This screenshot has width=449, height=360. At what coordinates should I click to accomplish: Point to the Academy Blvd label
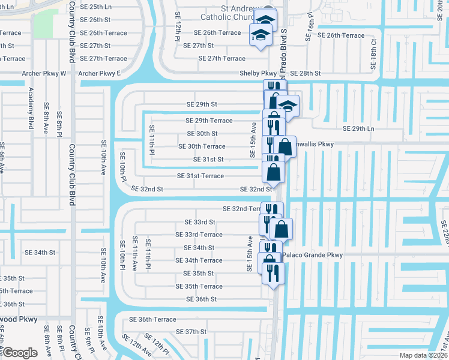(x=31, y=107)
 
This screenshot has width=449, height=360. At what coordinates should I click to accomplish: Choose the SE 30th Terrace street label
(x=202, y=146)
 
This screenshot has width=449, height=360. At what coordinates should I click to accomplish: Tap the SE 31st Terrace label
(x=200, y=176)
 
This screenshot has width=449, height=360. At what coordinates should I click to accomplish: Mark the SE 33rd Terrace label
(x=199, y=235)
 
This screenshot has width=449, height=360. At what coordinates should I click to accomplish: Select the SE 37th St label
(x=191, y=331)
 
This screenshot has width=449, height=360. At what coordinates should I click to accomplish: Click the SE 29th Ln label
(x=358, y=129)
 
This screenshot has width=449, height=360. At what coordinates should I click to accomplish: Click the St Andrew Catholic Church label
(x=243, y=13)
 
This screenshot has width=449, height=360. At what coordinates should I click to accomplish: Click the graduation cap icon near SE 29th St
(x=288, y=106)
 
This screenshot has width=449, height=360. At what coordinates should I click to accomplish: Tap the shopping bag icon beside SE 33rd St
(x=281, y=229)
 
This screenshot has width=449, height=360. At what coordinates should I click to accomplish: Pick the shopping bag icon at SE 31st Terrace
(x=273, y=172)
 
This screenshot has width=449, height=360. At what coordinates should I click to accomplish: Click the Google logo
(x=20, y=353)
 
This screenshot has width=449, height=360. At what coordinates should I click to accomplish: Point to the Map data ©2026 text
(x=423, y=355)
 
